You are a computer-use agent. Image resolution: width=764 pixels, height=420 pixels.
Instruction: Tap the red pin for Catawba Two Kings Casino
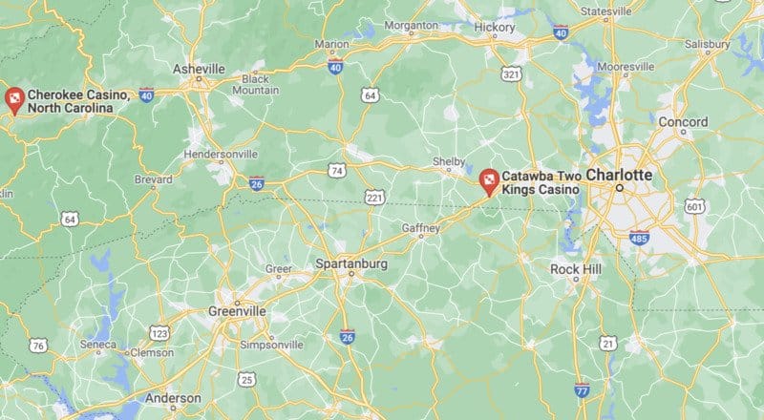(x=489, y=179)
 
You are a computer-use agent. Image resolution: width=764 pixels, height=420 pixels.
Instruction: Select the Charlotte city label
(x=619, y=176)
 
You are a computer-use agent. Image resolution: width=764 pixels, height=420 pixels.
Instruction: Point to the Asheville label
(x=199, y=70)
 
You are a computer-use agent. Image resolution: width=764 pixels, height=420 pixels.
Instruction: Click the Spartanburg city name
(x=350, y=262)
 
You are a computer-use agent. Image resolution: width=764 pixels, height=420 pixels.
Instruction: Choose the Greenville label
(x=237, y=311)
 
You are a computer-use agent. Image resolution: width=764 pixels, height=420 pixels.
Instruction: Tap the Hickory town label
(x=496, y=29)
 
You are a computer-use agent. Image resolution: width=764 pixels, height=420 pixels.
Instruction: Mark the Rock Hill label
(x=576, y=270)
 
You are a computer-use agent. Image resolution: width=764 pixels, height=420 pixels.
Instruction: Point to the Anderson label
(x=173, y=397)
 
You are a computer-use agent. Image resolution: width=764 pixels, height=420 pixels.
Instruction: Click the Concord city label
(x=683, y=122)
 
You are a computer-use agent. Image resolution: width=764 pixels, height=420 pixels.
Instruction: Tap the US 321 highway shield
(x=512, y=73)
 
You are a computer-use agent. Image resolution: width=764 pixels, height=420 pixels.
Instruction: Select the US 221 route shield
(x=373, y=196)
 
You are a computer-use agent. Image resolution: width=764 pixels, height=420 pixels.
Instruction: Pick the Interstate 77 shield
(x=582, y=389)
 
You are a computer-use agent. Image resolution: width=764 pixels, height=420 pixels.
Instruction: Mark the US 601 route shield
(x=695, y=206)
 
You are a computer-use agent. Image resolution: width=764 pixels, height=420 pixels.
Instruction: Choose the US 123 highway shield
(x=159, y=332)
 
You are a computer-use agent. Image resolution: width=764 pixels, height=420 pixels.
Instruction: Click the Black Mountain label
(x=255, y=84)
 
